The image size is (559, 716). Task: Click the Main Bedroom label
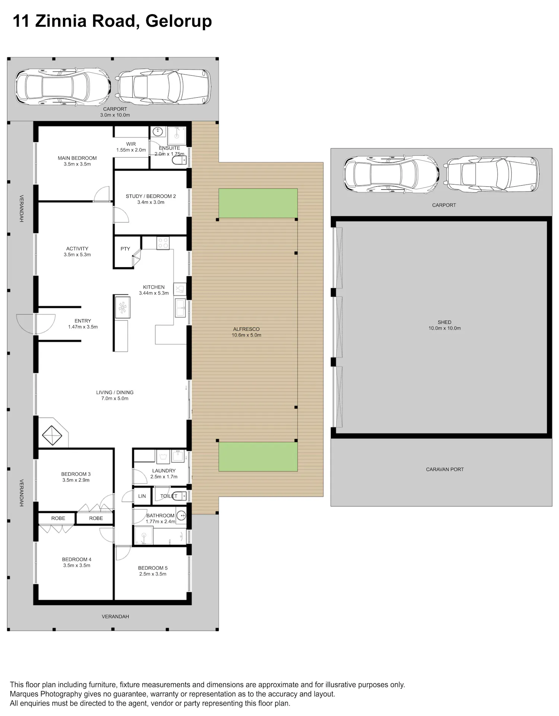[77, 161]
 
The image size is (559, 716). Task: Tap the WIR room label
[131, 147]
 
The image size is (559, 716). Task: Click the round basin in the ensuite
[159, 131]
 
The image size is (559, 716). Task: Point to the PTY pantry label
[125, 249]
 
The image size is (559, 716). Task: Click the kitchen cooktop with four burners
[163, 243]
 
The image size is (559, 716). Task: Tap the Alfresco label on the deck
[246, 332]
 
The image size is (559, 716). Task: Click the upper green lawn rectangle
[258, 204]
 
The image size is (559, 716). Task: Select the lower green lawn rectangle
[258, 457]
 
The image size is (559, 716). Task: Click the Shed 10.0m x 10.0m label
[445, 325]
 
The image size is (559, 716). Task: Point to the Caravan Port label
[445, 469]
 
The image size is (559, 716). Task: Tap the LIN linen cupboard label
[142, 496]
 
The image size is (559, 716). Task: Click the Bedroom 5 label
[153, 571]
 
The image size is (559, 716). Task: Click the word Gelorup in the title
[179, 21]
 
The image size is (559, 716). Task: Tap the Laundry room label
[164, 474]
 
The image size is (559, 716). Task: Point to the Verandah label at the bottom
[115, 616]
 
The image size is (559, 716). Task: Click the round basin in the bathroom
[181, 515]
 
